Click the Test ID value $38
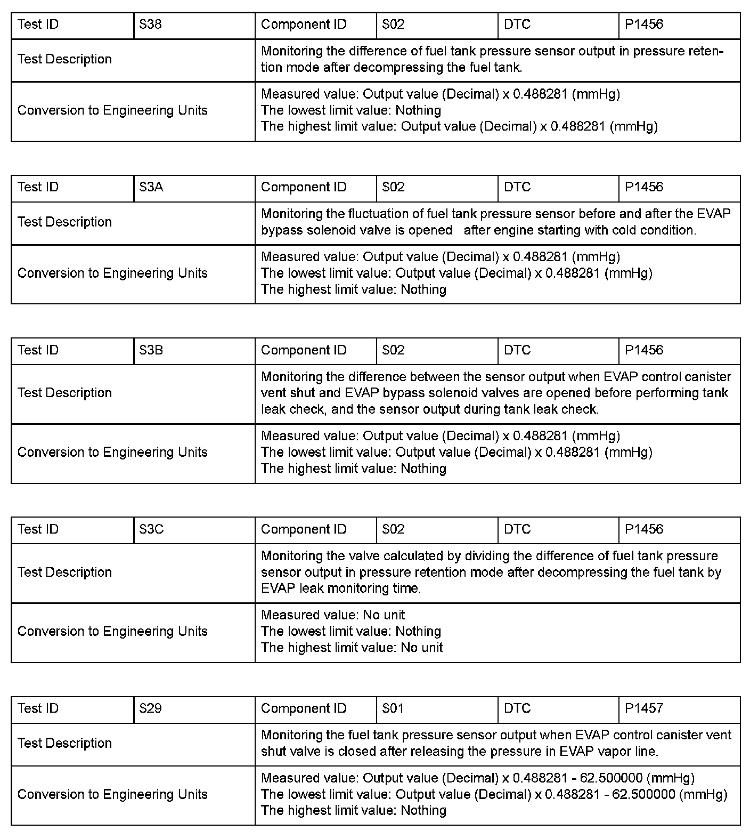[150, 25]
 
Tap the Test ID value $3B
[151, 350]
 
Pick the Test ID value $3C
[151, 529]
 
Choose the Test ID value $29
[150, 708]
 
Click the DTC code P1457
[644, 708]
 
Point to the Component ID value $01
[393, 708]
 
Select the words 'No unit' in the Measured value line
[384, 615]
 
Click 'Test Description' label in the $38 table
[64, 59]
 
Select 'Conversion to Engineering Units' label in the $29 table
[112, 795]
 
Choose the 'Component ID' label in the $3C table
[304, 529]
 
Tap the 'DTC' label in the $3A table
[517, 187]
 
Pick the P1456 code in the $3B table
[644, 350]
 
